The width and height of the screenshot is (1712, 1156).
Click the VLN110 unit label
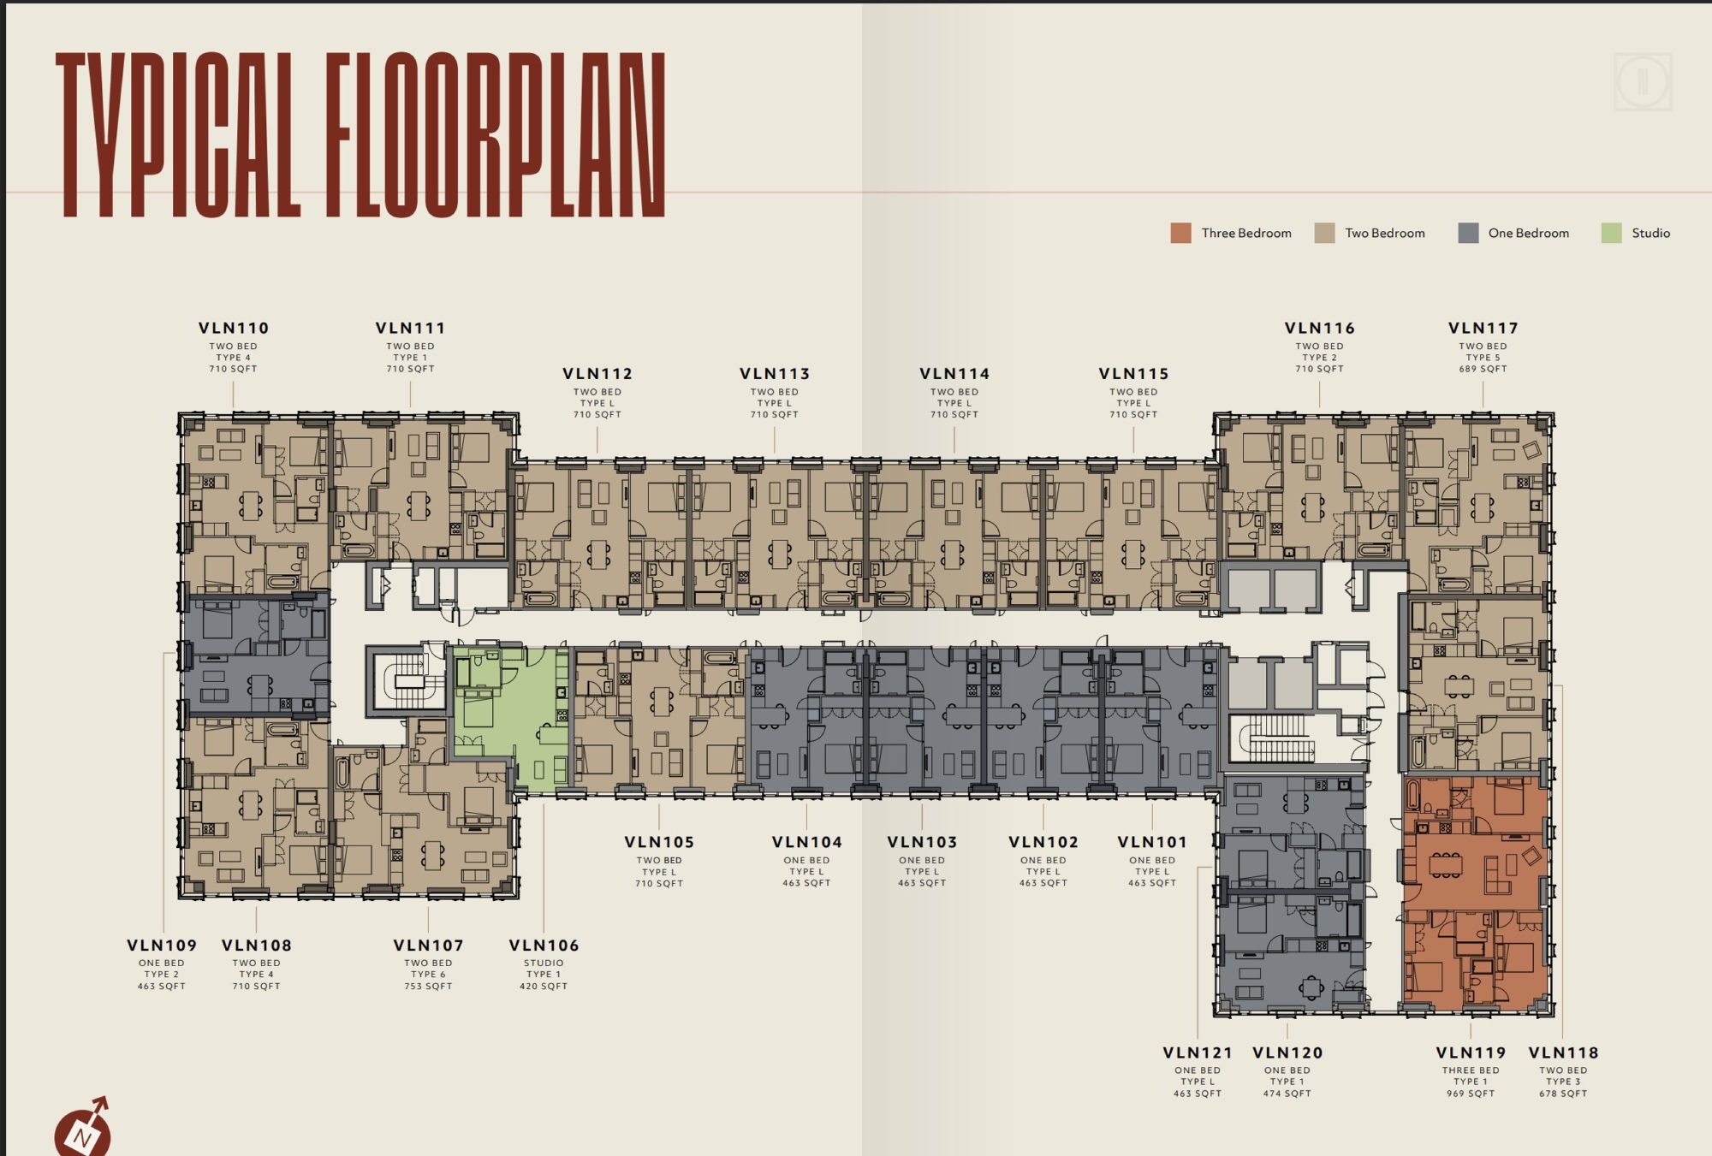click(234, 328)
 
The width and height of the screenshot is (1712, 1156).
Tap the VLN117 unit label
click(1483, 328)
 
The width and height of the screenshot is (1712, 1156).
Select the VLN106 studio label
click(544, 946)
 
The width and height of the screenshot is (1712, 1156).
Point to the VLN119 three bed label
click(1471, 1052)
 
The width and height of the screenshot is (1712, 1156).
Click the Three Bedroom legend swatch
click(1180, 233)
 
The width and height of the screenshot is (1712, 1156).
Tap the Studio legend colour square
click(1611, 233)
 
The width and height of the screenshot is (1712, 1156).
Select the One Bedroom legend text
click(1529, 233)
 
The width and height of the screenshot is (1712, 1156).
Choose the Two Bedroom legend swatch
click(1324, 233)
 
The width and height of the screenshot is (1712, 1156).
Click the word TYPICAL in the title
click(178, 134)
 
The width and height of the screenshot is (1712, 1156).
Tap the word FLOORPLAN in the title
click(496, 134)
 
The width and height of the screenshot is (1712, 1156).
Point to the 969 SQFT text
click(1471, 1094)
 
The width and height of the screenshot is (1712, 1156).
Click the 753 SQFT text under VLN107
click(428, 987)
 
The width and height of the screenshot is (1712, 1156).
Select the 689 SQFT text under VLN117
click(1483, 369)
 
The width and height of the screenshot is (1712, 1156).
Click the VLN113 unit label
click(775, 374)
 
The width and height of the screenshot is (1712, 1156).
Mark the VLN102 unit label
click(1043, 842)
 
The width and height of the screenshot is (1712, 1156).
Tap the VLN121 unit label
click(1198, 1052)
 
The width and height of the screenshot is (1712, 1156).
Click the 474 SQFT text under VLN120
click(1287, 1094)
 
